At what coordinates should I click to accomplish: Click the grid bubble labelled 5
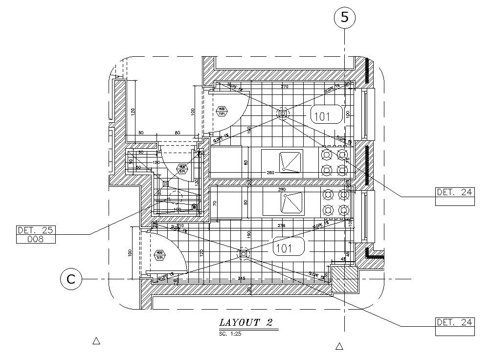pyautogui.click(x=345, y=18)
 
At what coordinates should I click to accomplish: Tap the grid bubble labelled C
pyautogui.click(x=71, y=279)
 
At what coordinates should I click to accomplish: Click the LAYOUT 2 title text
pyautogui.click(x=245, y=322)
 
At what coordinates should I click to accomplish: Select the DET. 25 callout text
pyautogui.click(x=36, y=230)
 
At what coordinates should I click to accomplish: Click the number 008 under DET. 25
pyautogui.click(x=36, y=239)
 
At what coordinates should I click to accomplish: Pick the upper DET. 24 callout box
pyautogui.click(x=455, y=192)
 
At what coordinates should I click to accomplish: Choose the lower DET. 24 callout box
pyautogui.click(x=455, y=322)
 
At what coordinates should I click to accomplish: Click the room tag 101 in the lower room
pyautogui.click(x=284, y=248)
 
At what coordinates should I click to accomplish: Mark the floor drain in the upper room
pyautogui.click(x=282, y=113)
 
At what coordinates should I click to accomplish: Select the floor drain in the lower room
pyautogui.click(x=243, y=253)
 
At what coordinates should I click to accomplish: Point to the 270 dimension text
pyautogui.click(x=285, y=87)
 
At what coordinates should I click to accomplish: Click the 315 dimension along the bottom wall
pyautogui.click(x=241, y=278)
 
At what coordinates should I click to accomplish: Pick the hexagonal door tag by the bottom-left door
pyautogui.click(x=159, y=255)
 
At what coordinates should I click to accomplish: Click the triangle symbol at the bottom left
pyautogui.click(x=96, y=340)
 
